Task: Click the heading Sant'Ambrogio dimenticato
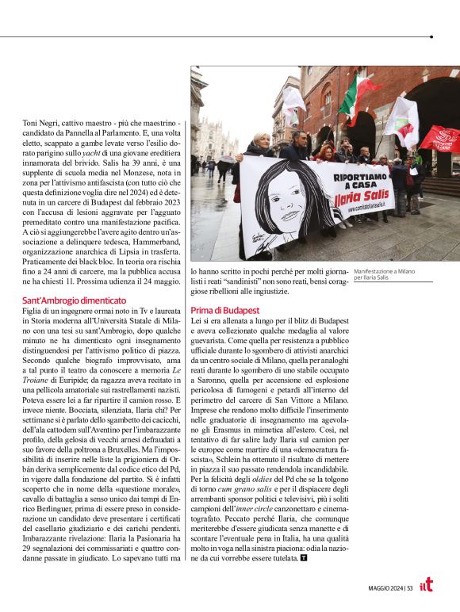pos(74,300)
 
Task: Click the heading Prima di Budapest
pos(225,309)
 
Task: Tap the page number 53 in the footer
pos(409,587)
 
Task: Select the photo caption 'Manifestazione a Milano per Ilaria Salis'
pos(383,273)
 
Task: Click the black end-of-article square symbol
pos(304,558)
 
